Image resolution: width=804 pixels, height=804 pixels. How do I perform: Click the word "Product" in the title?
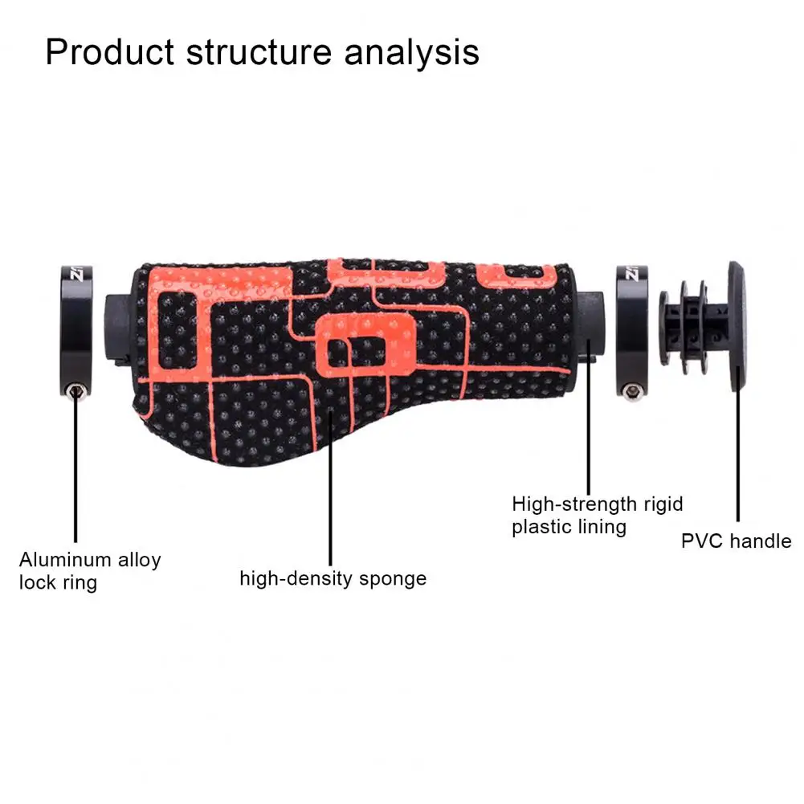pyautogui.click(x=109, y=53)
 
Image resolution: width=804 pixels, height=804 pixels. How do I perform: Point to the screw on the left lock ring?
pyautogui.click(x=74, y=391)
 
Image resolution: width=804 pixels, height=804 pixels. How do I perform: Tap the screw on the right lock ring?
pyautogui.click(x=630, y=392)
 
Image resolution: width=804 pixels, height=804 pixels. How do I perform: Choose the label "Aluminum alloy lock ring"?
pyautogui.click(x=90, y=570)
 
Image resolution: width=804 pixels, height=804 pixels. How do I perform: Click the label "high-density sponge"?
pyautogui.click(x=333, y=578)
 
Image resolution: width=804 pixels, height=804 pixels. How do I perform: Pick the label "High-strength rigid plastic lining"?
pyautogui.click(x=598, y=516)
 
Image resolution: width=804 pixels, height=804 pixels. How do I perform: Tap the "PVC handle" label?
pyautogui.click(x=736, y=541)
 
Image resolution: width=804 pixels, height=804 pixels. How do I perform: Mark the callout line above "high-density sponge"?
pyautogui.click(x=329, y=482)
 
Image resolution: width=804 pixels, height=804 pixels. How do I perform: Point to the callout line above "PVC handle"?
pyautogui.click(x=737, y=458)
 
